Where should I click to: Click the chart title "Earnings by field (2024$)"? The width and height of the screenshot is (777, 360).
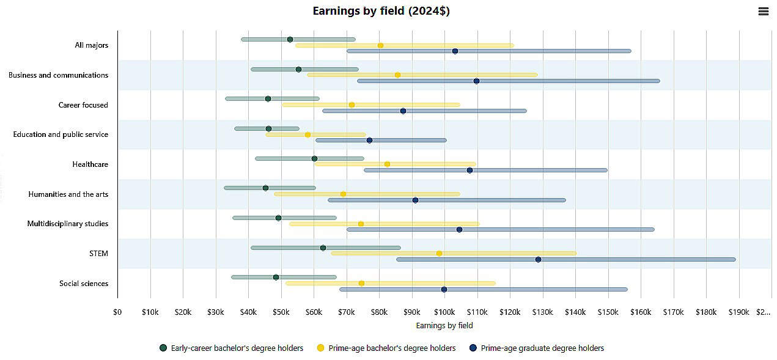[x=381, y=11]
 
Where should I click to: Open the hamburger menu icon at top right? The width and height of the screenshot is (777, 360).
[x=763, y=12]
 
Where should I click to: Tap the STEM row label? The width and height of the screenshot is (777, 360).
[x=98, y=254]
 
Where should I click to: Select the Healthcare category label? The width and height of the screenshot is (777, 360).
[x=90, y=164]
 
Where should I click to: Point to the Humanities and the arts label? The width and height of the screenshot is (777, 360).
[x=68, y=194]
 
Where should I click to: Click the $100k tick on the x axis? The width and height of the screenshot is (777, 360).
[x=444, y=312]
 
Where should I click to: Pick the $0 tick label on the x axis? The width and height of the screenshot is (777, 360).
[x=117, y=312]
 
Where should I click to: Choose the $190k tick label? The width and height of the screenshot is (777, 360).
[x=738, y=312]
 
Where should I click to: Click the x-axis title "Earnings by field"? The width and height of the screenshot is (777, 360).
[x=444, y=326]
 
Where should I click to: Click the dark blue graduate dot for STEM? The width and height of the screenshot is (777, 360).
[x=538, y=260]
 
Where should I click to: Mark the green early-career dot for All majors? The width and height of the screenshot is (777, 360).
[x=290, y=40]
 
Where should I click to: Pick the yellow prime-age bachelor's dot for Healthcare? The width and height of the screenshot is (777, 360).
[x=387, y=164]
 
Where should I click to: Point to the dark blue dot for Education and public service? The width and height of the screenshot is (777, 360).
[x=369, y=141]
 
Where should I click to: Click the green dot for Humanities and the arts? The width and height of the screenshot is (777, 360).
[x=265, y=188]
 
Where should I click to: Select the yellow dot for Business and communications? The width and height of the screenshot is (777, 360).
[x=397, y=75]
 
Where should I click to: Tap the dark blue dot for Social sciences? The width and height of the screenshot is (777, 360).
[x=444, y=290]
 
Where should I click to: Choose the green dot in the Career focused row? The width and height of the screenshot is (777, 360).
[x=268, y=99]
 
